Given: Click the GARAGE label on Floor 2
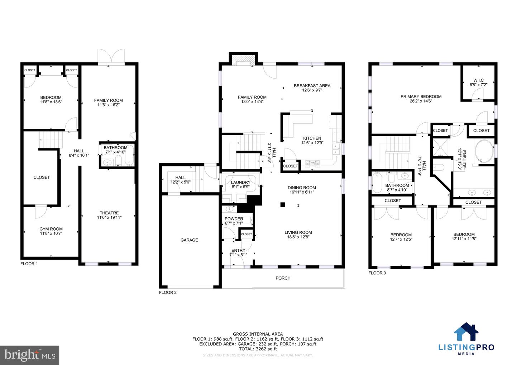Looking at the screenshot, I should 189,240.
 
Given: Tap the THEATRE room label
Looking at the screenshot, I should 109,213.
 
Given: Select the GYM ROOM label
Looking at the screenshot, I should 51,229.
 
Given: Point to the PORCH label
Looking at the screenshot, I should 283,278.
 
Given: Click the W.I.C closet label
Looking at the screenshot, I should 478,80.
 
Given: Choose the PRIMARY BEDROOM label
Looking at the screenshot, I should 421,96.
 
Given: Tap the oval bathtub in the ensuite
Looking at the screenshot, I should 483,152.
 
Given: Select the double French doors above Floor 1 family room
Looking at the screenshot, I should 112,56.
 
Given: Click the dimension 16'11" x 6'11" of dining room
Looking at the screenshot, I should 302,192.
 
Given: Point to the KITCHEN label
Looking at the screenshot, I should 312,138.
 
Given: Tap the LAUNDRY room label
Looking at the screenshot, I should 240,182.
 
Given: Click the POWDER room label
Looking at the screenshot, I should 234,219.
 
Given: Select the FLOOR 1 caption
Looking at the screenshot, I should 29,264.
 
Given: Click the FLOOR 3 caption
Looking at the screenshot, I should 377,273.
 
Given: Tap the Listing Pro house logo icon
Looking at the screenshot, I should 466,332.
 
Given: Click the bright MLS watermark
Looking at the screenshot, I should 29,355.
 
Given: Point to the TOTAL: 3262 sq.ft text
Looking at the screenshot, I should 258,349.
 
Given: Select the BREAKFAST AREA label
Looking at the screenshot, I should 312,86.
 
